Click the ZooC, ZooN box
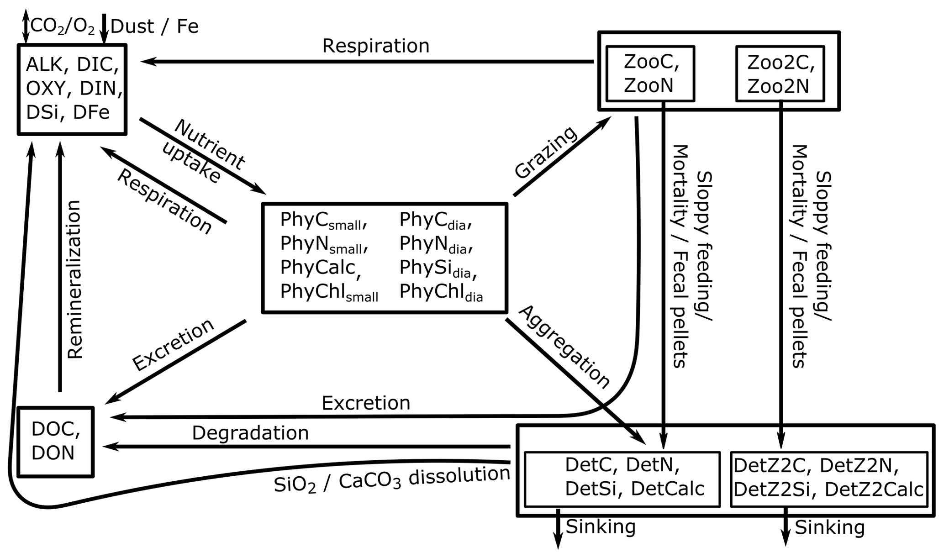(650, 73)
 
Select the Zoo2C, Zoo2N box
(780, 73)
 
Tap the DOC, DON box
(55, 442)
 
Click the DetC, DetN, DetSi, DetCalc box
(622, 479)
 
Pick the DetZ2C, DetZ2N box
(829, 479)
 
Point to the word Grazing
(546, 152)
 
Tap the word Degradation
(250, 432)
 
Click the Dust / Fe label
(154, 26)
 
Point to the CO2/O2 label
(63, 26)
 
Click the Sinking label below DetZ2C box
(829, 527)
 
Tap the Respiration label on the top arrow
(376, 46)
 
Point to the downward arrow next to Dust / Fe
(104, 28)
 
